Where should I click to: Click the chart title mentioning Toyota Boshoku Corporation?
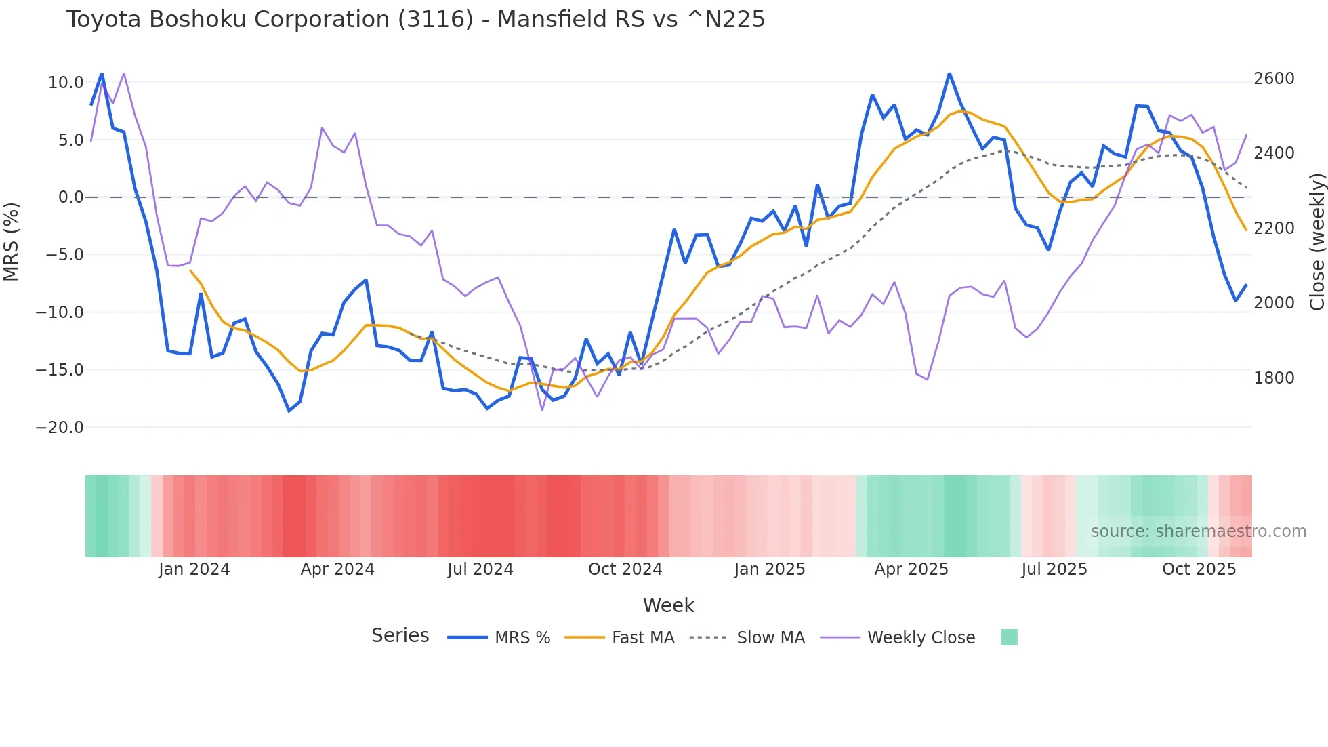click(415, 20)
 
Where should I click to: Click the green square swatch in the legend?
click(1009, 637)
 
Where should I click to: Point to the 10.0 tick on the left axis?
click(66, 83)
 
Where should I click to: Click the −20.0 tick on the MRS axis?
click(60, 428)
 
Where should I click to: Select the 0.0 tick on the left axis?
click(70, 197)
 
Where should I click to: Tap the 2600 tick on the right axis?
click(1274, 79)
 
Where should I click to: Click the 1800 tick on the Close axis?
click(1274, 378)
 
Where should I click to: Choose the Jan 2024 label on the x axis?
click(194, 569)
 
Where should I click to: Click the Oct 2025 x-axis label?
click(1199, 569)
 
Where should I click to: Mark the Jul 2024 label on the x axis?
click(480, 569)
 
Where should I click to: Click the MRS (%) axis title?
click(12, 242)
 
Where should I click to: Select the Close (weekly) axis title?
click(1316, 242)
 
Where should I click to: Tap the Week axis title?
click(668, 605)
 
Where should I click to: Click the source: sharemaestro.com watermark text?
click(1198, 531)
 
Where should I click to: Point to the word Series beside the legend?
click(400, 636)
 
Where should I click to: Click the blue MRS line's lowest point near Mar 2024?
click(289, 411)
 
